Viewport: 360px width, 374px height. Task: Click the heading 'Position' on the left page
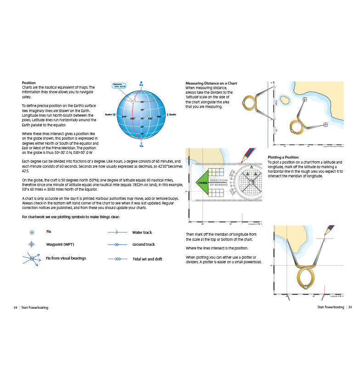[x=29, y=83]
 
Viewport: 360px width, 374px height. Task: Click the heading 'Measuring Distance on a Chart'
[x=211, y=83]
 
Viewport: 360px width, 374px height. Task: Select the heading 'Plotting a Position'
[x=283, y=157]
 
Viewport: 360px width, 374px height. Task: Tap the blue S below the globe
[x=141, y=143]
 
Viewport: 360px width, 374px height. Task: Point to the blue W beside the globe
[x=114, y=114]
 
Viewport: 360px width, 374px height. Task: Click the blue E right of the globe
[x=167, y=114]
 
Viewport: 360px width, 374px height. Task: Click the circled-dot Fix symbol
[x=32, y=232]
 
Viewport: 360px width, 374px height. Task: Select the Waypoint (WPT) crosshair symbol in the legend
[x=32, y=245]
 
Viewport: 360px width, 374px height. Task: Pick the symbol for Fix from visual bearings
[x=32, y=259]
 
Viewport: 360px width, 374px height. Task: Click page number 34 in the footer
[x=16, y=307]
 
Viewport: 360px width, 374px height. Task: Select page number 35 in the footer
[x=350, y=307]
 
